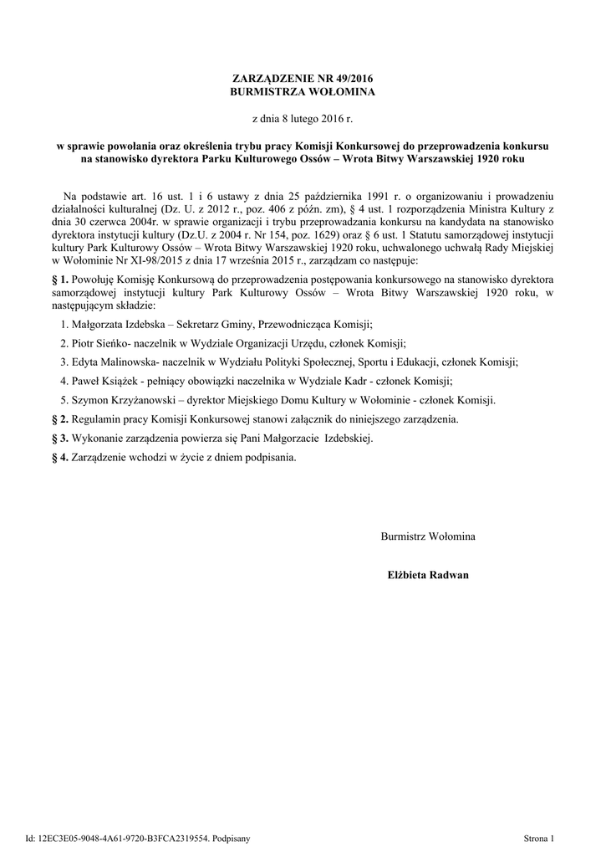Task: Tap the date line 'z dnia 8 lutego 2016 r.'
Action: coord(303,120)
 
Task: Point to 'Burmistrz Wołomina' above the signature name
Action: coord(428,536)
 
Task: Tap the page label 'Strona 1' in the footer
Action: coord(539,837)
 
